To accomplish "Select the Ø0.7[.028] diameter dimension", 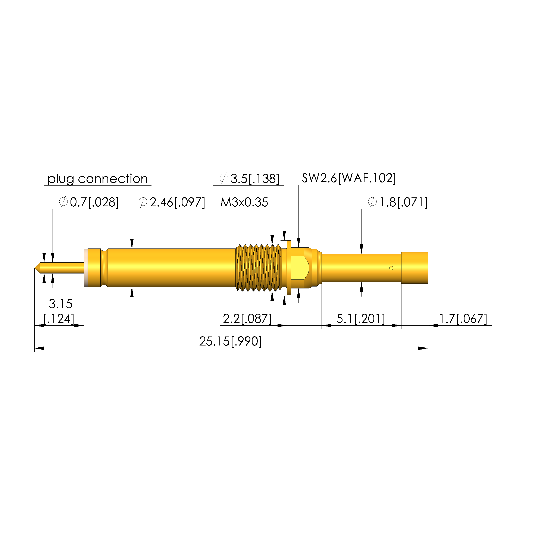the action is coord(89,202).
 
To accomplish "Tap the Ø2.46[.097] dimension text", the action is coord(172,202).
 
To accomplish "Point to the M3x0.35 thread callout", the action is coord(244,202).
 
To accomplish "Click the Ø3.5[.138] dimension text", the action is coord(249,179).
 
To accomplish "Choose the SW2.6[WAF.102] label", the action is coord(349,178).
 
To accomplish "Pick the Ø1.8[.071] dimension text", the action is coord(398,202).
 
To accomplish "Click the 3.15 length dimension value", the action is coord(61,304).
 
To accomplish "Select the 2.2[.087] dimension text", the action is coord(247,319).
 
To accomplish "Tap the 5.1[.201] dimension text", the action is coord(360,319).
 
